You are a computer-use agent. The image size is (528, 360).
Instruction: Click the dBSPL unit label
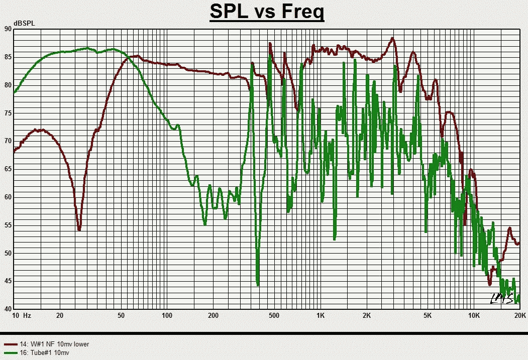pyautogui.click(x=25, y=24)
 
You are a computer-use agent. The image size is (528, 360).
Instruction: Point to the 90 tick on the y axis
pyautogui.click(x=8, y=29)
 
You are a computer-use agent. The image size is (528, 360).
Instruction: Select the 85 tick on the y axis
pyautogui.click(x=8, y=57)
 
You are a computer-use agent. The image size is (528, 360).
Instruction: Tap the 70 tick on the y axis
pyautogui.click(x=8, y=141)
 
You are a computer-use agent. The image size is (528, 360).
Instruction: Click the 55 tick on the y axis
pyautogui.click(x=8, y=225)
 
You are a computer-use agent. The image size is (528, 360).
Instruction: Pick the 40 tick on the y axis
pyautogui.click(x=8, y=309)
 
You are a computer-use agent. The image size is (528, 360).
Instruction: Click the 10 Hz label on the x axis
pyautogui.click(x=22, y=316)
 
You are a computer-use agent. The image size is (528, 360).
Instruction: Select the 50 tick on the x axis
pyautogui.click(x=121, y=316)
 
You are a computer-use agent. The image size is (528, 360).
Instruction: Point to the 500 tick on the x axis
pyautogui.click(x=274, y=316)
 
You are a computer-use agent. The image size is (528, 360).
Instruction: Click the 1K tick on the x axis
pyautogui.click(x=320, y=316)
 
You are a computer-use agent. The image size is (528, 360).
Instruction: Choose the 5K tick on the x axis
pyautogui.click(x=428, y=316)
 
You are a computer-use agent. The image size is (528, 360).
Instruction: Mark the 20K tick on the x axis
pyautogui.click(x=519, y=316)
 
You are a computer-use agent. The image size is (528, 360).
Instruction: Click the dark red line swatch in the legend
pyautogui.click(x=11, y=344)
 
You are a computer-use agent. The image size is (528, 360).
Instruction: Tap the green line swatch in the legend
pyautogui.click(x=11, y=353)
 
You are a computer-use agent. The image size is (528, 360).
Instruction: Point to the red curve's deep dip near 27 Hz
pyautogui.click(x=79, y=228)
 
